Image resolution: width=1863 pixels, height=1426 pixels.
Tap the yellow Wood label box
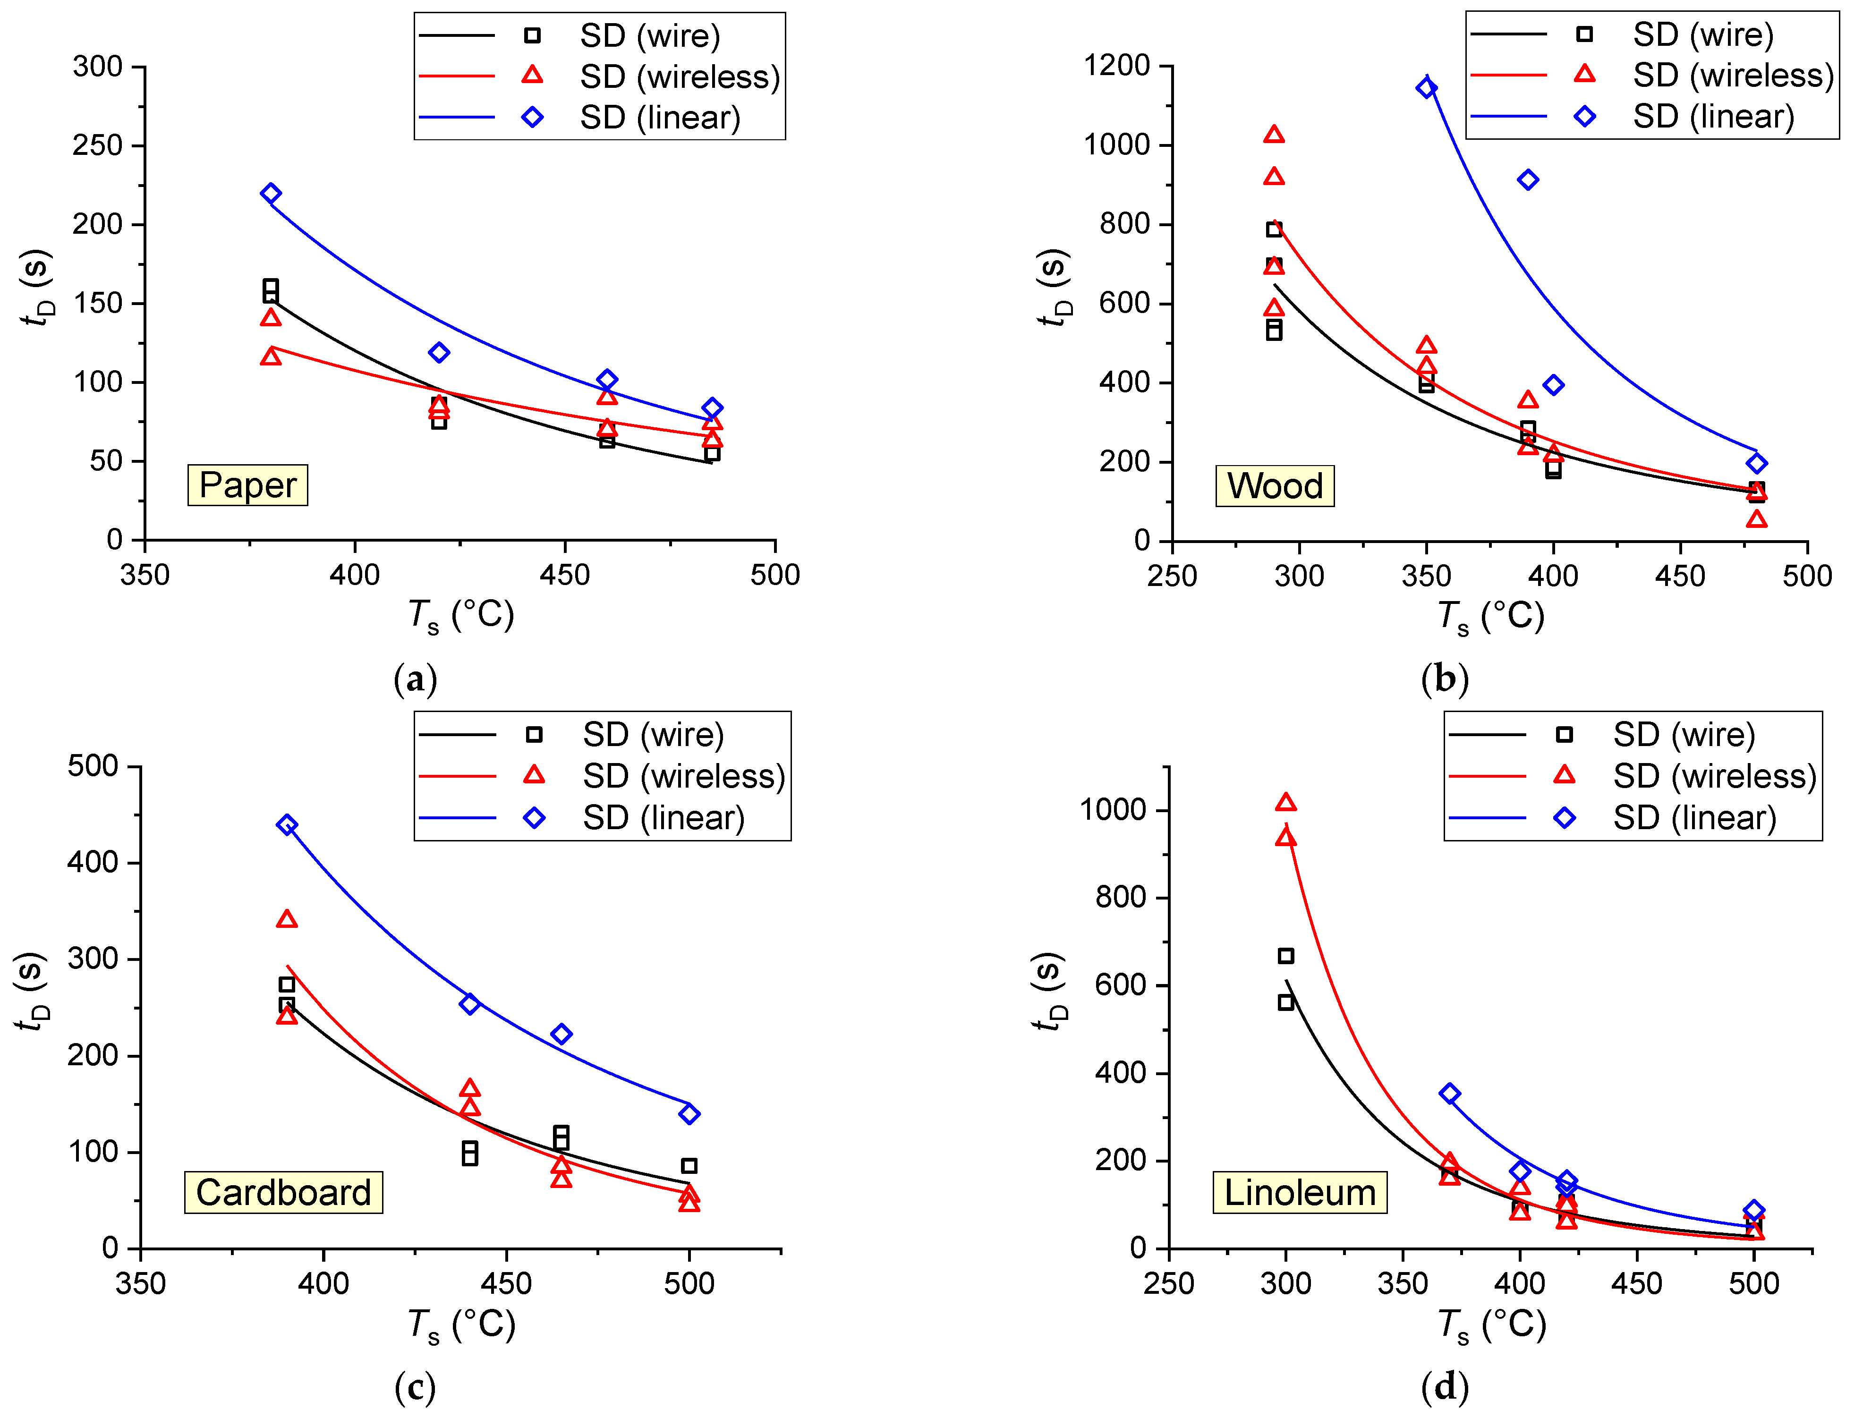click(x=1274, y=486)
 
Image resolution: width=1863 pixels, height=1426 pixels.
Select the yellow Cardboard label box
click(x=283, y=1193)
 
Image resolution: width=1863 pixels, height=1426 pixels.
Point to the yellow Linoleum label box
click(x=1300, y=1193)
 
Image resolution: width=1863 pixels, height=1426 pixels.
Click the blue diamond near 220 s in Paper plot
click(x=271, y=194)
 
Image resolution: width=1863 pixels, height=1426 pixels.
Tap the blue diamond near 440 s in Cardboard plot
click(x=287, y=825)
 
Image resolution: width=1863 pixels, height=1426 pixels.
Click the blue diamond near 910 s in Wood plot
click(x=1528, y=180)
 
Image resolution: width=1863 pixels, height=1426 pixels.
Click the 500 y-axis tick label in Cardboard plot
click(x=93, y=766)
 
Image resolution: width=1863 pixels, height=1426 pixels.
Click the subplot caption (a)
click(x=415, y=680)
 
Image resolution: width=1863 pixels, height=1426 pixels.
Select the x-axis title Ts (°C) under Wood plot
click(x=1489, y=616)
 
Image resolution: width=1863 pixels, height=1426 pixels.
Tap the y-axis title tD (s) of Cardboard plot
click(x=32, y=991)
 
